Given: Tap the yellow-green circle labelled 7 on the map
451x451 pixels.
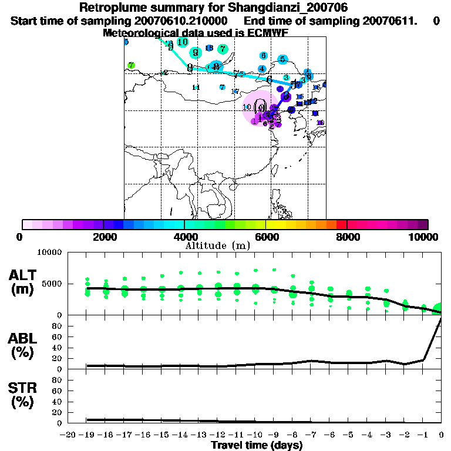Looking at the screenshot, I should click(x=132, y=65).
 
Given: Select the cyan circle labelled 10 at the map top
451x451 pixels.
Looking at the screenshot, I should click(x=182, y=42).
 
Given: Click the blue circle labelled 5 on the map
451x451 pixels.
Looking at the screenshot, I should click(x=282, y=59).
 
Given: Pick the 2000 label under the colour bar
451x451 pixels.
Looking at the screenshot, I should click(x=103, y=237).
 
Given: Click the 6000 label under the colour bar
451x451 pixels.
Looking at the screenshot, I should click(x=265, y=237).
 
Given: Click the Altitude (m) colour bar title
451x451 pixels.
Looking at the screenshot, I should click(x=217, y=245).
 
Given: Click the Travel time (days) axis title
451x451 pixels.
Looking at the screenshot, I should click(x=257, y=445).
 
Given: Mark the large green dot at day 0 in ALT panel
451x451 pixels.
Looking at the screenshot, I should click(x=439, y=309).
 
